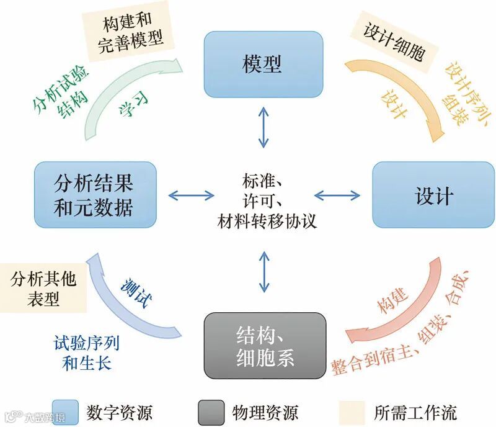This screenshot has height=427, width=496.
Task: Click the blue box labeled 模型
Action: (x=263, y=64)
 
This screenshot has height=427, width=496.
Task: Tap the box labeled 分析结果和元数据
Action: (x=93, y=196)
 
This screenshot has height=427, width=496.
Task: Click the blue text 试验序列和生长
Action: (x=86, y=353)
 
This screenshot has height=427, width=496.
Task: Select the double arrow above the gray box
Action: (x=265, y=272)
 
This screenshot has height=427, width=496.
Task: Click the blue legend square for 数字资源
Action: (x=65, y=411)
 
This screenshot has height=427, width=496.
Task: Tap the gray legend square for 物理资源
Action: (x=211, y=411)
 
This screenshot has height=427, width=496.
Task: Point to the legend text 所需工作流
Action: (x=415, y=411)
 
